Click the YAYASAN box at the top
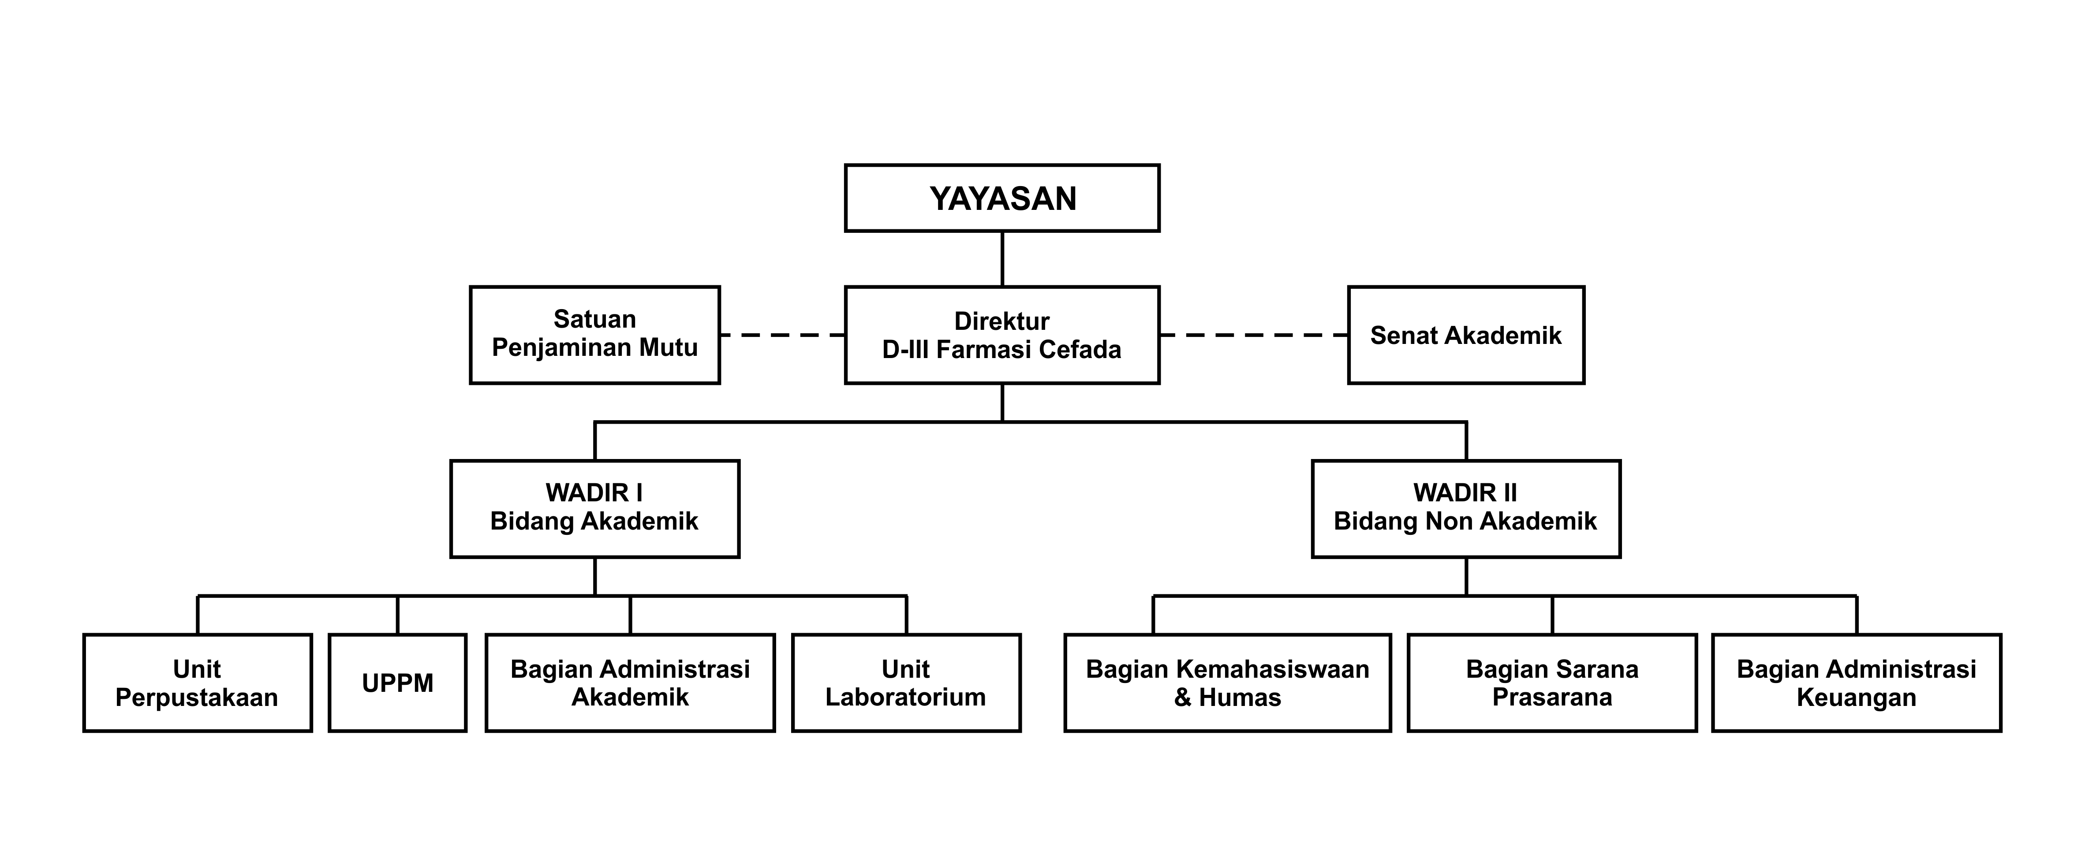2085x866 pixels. pos(1002,198)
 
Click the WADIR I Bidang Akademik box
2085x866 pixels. pos(595,508)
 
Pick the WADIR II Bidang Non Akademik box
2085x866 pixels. pos(1466,508)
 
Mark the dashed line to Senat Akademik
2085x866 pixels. pos(1254,334)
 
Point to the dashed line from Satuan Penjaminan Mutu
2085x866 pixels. pos(782,334)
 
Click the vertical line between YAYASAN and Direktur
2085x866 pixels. pos(1002,259)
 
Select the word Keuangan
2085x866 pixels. pos(1857,698)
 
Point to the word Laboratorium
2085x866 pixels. pos(906,698)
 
